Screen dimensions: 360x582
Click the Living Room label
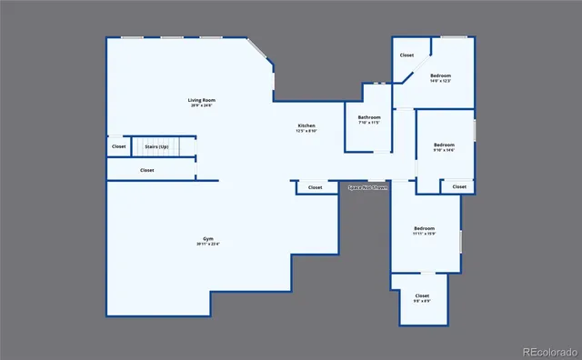pos(202,100)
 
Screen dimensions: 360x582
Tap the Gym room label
pos(207,239)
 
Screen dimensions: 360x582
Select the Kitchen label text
pos(306,125)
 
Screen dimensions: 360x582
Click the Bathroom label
pos(368,117)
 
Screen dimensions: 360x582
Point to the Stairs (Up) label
pos(156,146)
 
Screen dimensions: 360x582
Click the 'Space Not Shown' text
pos(367,188)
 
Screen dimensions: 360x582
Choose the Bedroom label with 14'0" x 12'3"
pos(441,75)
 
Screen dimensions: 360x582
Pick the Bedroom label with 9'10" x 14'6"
pos(444,145)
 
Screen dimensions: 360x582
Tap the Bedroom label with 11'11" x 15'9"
pos(424,228)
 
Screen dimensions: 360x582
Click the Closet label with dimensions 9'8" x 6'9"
pos(422,295)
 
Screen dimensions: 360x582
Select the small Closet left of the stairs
pos(119,146)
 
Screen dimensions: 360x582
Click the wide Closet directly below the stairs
pos(146,170)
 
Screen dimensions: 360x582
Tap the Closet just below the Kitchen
pos(315,187)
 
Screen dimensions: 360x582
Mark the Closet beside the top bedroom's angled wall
pos(406,55)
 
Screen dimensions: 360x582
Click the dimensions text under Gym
pos(207,245)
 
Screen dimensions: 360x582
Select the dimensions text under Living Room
pos(202,105)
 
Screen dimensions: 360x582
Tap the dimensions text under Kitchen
pos(306,131)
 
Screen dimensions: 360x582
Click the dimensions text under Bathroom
pos(368,123)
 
